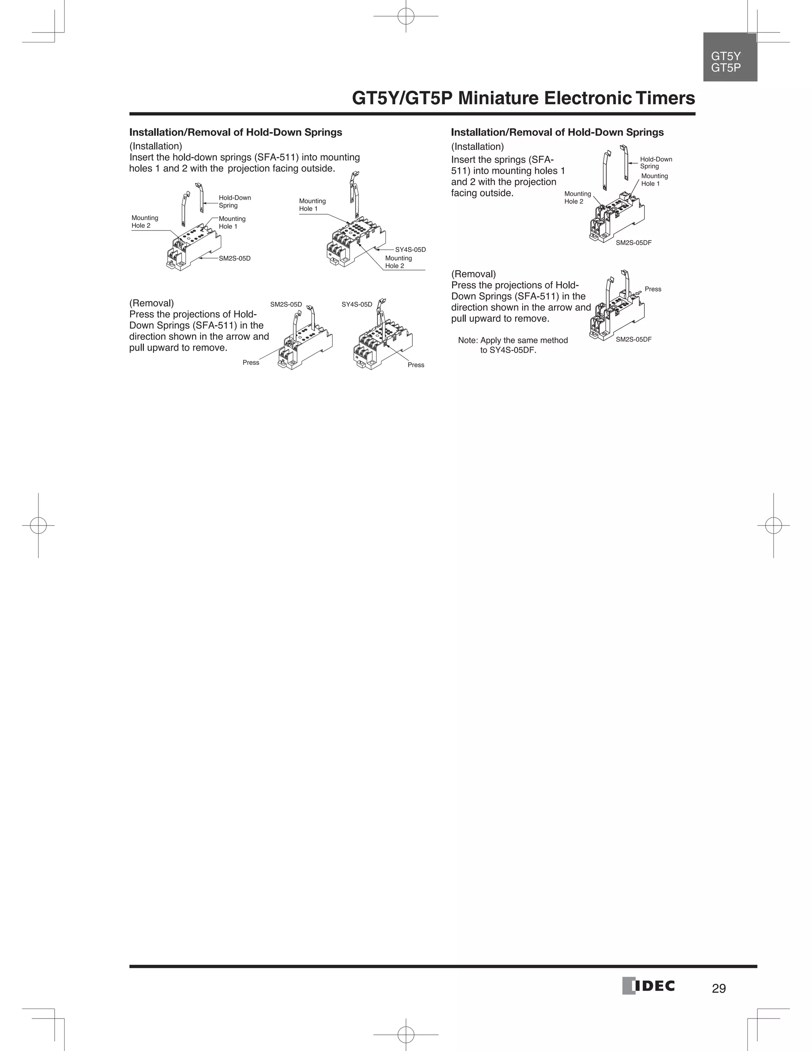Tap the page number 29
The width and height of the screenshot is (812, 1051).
[719, 988]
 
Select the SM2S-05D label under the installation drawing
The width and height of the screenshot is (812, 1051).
[235, 259]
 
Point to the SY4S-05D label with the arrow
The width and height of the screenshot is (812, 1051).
[410, 250]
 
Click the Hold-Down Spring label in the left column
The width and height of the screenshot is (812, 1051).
[235, 201]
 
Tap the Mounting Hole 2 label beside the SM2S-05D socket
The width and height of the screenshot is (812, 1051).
[145, 222]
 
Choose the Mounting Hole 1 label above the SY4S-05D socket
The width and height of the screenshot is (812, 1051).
[312, 205]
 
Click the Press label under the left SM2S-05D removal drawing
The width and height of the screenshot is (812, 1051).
[251, 362]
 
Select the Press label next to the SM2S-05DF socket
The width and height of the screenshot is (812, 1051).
[653, 289]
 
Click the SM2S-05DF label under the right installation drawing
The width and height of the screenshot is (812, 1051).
[634, 243]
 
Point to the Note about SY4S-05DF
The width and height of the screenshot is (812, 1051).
[512, 345]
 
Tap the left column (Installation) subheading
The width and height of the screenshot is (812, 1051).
[155, 146]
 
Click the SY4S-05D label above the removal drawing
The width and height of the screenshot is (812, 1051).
[356, 305]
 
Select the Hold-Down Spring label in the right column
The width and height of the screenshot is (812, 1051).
[656, 163]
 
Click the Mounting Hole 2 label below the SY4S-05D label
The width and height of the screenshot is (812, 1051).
[398, 262]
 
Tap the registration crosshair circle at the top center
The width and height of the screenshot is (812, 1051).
[406, 16]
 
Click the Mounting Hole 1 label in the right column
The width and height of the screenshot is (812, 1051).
[654, 180]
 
